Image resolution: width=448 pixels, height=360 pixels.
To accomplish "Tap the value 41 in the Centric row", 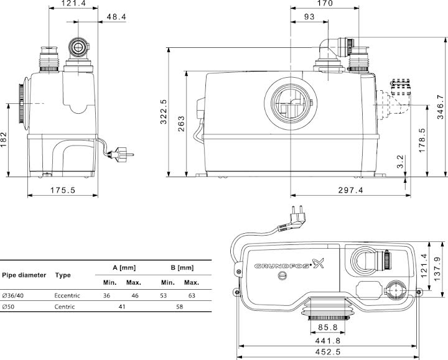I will pos(122,307).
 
